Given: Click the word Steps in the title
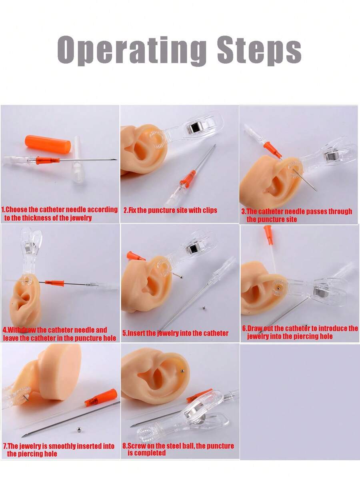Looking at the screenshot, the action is pos(260,50).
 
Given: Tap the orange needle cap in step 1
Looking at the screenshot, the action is pos(48,144).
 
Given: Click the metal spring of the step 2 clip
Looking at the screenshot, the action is pos(193,127).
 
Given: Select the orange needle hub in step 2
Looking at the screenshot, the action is pos(188,179).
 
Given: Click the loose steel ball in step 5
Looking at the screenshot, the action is pos(204,307).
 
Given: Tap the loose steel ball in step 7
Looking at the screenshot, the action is pos(79,429).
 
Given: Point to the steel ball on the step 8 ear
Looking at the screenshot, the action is pos(182,371).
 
